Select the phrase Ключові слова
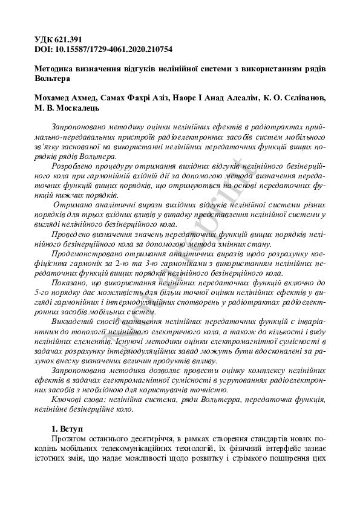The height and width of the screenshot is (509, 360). [80, 400]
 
